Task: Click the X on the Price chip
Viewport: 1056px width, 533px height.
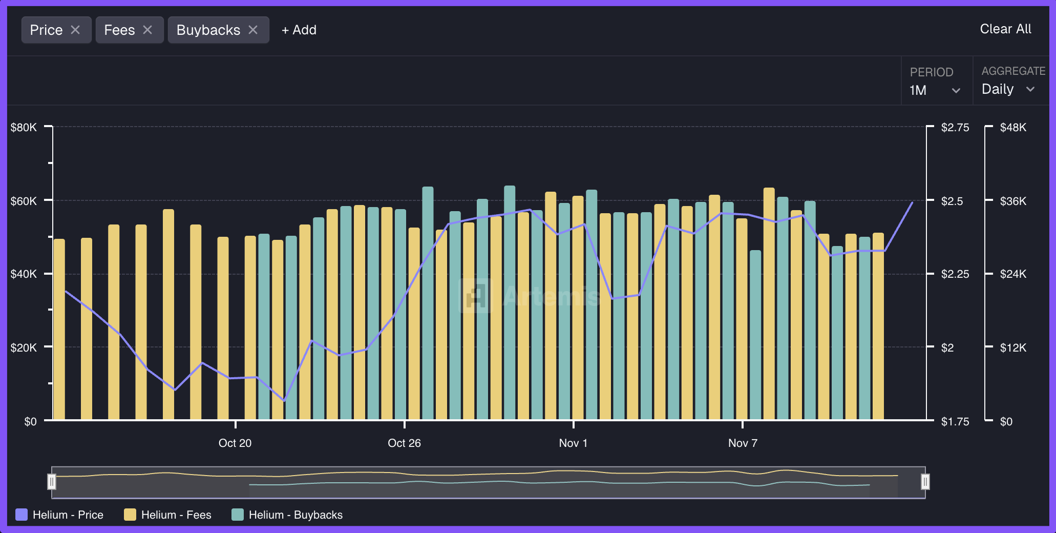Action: [75, 30]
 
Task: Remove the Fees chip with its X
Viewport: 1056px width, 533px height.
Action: [147, 30]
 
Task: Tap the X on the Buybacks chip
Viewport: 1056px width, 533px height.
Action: [253, 30]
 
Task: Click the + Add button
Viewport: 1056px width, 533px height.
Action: [299, 30]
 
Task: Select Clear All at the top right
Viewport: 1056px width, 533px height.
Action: [1005, 29]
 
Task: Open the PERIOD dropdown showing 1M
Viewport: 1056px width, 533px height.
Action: [935, 90]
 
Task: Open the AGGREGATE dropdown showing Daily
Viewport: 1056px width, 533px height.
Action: [1008, 89]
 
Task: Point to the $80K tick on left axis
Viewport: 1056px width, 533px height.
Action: [24, 127]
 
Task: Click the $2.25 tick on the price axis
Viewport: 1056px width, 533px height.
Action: [955, 274]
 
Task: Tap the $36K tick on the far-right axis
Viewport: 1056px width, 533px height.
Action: [1013, 201]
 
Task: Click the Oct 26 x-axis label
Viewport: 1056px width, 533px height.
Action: [404, 443]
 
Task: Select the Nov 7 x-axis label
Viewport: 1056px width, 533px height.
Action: [743, 443]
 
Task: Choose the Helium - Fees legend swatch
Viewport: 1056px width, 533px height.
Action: [130, 515]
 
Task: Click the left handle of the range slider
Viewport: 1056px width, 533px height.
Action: [52, 482]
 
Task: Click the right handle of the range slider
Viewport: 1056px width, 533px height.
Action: [925, 482]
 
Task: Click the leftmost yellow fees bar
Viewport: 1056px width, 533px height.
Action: [59, 328]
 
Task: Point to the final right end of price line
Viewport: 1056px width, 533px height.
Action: [912, 203]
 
